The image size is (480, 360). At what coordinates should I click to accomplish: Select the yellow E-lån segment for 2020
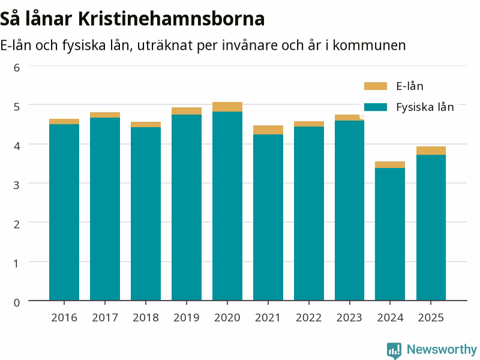pos(227,107)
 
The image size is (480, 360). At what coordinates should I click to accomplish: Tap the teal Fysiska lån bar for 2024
pos(389,234)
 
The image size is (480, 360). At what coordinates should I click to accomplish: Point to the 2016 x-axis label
pos(64,317)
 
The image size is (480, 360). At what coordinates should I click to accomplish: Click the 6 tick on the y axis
pos(17,67)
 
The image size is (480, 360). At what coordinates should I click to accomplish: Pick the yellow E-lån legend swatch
pos(376,86)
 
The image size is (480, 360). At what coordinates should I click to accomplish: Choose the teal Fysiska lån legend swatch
pos(376,107)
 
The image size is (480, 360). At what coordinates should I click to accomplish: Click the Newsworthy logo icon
pos(394,350)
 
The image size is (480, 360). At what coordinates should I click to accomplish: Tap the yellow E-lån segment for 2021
pos(268,130)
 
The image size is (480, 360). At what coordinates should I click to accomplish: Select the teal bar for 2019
pos(187,208)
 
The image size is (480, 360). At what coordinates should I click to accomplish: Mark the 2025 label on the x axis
pos(431,317)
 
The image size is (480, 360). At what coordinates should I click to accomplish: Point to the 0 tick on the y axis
pos(17,302)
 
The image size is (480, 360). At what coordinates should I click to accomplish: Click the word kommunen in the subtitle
pos(369,46)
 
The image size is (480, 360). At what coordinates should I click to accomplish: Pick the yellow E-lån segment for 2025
pos(431,151)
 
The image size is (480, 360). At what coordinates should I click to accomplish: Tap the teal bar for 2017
pos(104,209)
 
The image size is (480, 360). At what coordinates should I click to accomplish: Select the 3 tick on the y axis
pos(17,185)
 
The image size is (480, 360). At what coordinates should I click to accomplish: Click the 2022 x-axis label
pos(308,317)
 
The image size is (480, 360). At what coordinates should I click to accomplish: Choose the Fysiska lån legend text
pos(425,107)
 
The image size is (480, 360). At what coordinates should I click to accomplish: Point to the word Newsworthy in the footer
pos(442,349)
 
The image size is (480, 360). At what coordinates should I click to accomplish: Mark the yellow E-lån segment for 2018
pos(146,124)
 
